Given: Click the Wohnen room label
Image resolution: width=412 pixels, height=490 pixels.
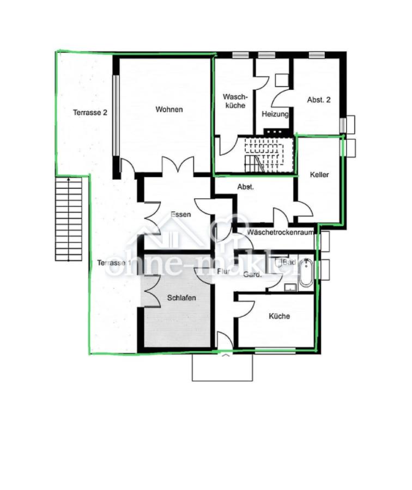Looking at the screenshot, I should (x=169, y=109).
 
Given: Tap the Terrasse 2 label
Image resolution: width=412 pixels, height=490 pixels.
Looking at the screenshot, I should (x=90, y=113).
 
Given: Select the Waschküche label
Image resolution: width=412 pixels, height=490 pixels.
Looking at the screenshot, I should (x=234, y=101).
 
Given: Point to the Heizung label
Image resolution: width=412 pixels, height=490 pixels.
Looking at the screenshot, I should (x=275, y=114).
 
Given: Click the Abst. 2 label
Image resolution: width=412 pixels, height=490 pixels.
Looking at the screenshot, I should (x=319, y=100).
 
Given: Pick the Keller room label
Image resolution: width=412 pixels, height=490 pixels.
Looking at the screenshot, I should (x=319, y=175).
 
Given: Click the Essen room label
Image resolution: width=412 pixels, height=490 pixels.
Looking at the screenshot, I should (x=180, y=215).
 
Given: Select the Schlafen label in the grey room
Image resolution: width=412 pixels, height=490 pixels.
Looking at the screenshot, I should (x=181, y=298).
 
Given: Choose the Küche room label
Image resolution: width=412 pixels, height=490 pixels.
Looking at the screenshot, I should (x=279, y=316).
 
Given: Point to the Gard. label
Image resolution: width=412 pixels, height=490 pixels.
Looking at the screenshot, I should (x=253, y=274).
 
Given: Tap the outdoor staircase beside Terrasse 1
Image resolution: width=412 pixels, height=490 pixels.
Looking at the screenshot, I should (x=69, y=219).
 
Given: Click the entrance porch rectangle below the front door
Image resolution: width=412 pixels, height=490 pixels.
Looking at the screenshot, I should (x=222, y=366).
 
